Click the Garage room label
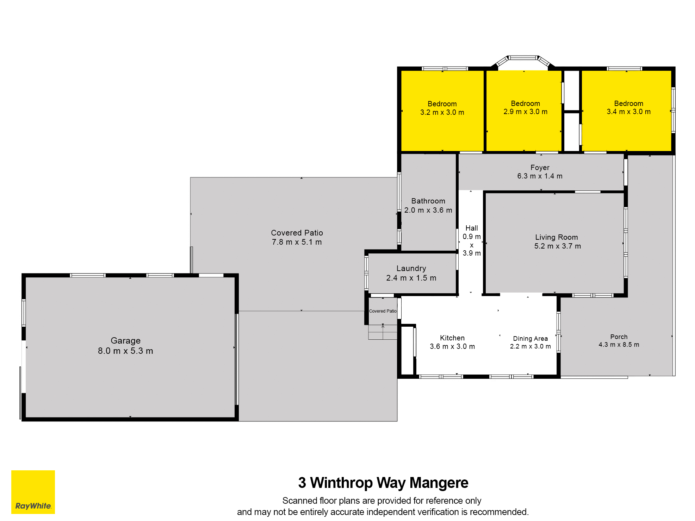[125, 340]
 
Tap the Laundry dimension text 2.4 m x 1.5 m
[411, 278]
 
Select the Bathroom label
[428, 201]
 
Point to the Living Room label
[557, 237]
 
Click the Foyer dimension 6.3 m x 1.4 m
[540, 176]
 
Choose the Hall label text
[472, 228]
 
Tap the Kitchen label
[452, 338]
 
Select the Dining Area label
[530, 339]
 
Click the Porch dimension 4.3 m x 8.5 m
[619, 345]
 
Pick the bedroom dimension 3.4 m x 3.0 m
[628, 112]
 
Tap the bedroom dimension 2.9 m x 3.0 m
[525, 112]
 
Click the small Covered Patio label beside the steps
[383, 311]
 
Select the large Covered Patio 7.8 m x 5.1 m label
[297, 237]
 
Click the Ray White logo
[33, 492]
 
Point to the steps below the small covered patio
[383, 332]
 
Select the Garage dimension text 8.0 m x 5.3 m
[125, 351]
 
